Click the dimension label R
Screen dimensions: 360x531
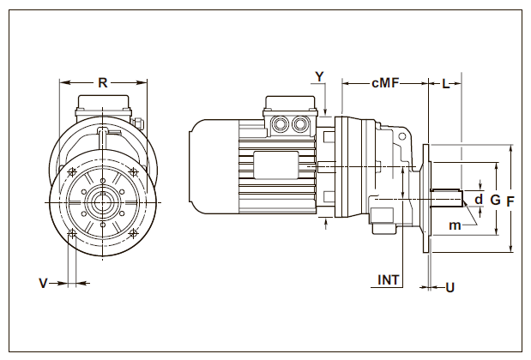(102, 83)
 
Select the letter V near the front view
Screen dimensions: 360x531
(43, 281)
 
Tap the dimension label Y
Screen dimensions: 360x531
(319, 76)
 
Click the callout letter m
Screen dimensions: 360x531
(455, 225)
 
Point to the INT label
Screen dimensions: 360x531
(389, 279)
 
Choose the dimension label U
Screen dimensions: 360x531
(450, 287)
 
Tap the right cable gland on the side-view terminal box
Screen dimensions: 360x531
(299, 126)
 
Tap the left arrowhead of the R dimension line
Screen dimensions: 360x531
(63, 83)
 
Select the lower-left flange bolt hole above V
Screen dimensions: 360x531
(72, 233)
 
